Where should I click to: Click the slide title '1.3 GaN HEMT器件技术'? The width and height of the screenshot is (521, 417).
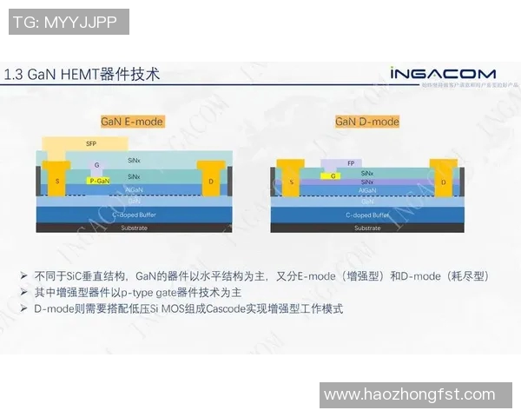(x=82, y=75)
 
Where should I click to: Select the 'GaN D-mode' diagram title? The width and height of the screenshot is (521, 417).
(x=367, y=122)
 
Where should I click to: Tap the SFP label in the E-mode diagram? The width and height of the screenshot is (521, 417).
(x=91, y=142)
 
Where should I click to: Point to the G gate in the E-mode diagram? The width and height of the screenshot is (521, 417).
(x=97, y=165)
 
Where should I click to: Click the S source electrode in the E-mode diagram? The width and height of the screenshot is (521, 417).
(x=58, y=180)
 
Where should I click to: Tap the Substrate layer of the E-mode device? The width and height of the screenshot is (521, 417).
(x=135, y=228)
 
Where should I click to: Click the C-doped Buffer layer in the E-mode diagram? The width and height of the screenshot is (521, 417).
(x=135, y=214)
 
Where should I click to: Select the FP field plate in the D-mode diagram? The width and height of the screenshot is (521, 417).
(x=351, y=162)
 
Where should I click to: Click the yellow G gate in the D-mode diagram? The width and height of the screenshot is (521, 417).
(x=333, y=175)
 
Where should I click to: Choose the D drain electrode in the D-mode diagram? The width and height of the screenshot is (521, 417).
(x=444, y=182)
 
